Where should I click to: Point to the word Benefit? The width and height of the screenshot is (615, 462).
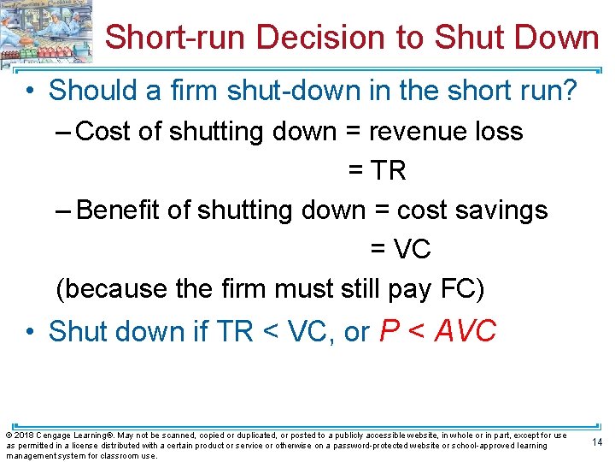118,210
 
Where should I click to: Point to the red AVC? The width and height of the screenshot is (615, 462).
465,331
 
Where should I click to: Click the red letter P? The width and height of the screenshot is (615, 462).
386,331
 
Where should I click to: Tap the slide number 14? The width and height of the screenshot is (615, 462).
597,442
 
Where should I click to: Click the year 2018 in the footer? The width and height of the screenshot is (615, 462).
22,435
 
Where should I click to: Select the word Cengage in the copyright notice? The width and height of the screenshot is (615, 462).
52,435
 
